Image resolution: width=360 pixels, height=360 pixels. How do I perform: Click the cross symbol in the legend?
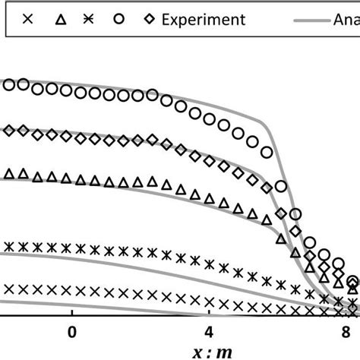pos(28,19)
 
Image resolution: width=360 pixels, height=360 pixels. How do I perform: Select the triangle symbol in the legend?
pos(59,19)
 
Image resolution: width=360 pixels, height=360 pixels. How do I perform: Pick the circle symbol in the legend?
pos(118,19)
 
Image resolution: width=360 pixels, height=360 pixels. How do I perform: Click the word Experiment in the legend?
pos(204,19)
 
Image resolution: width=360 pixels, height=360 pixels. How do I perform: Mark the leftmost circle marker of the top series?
pos(8,85)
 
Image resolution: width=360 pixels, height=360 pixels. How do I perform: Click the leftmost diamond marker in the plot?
pos(8,131)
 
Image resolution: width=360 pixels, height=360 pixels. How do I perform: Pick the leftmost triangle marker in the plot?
pos(8,175)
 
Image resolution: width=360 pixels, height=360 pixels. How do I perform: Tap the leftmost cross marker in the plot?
pos(8,289)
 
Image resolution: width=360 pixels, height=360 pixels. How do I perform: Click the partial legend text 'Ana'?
pos(346,19)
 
